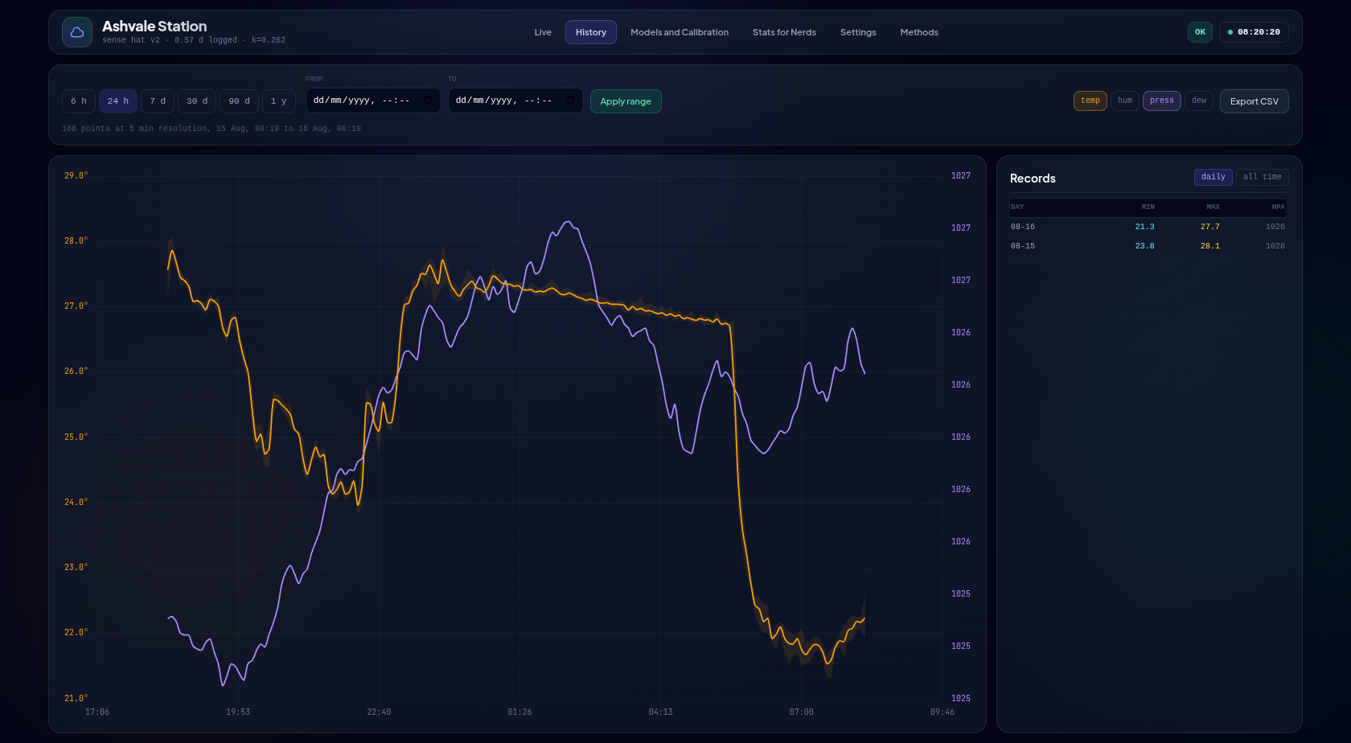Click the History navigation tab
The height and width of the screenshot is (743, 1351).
[590, 32]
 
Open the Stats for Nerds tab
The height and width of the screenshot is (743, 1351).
[784, 32]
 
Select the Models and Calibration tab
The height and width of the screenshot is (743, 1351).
[679, 32]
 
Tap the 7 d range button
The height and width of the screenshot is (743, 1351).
[158, 101]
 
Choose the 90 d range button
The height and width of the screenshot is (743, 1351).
[239, 101]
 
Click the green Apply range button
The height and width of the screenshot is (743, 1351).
[626, 101]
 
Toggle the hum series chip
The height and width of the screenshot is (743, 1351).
[1125, 101]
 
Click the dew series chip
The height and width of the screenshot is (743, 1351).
[1199, 101]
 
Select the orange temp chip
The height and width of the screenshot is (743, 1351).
[1090, 101]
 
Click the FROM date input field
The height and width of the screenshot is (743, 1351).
[373, 101]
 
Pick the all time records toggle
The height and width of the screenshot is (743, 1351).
[1263, 177]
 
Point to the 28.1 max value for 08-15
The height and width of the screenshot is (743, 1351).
[1209, 246]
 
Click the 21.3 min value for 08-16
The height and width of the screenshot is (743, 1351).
[1145, 227]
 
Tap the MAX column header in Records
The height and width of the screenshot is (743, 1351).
[1213, 207]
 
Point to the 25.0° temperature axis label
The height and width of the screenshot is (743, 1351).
[76, 437]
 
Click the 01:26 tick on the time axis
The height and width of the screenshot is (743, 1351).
[519, 712]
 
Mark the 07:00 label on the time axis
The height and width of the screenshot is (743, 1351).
[801, 712]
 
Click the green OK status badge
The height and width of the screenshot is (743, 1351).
[1200, 32]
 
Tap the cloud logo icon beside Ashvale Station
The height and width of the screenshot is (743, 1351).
[77, 32]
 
